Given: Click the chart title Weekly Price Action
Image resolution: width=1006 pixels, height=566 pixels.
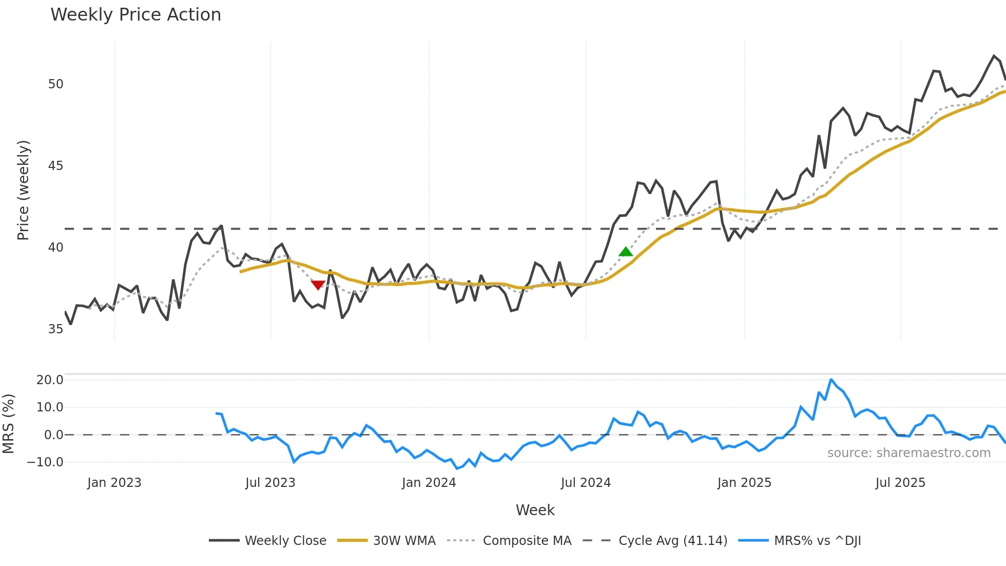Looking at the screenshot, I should point(136,15).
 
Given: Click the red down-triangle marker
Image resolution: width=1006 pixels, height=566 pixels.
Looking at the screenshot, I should point(318,285).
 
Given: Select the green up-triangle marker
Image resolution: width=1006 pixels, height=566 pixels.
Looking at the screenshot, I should point(626,252).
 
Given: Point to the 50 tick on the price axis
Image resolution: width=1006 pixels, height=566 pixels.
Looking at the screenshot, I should point(55,84).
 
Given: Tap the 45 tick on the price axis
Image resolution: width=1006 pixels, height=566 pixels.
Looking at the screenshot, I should point(55,166).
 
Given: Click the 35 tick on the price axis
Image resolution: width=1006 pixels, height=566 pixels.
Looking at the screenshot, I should point(55,329).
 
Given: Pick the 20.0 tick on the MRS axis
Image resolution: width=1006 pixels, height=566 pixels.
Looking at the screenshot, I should point(50,380).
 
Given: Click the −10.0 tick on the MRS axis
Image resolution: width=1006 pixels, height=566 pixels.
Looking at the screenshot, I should point(45,462).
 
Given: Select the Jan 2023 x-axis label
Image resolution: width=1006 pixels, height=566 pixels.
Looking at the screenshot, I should point(114,483).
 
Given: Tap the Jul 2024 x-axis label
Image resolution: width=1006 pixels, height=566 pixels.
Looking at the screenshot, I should point(586,483).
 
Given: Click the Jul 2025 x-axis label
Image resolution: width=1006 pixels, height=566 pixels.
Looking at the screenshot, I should point(900,483).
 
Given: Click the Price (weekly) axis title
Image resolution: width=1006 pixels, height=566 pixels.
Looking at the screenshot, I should point(23,190).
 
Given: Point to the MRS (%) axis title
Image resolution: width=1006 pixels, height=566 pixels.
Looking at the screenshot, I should point(8,424).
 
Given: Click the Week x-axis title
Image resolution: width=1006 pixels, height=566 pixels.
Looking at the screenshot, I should point(535,510).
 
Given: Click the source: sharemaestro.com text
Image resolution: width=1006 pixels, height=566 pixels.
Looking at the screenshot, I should point(908,453).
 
